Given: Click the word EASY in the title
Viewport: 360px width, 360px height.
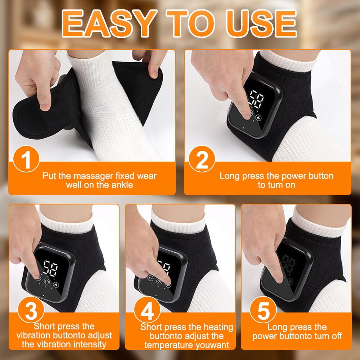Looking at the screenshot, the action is (x=108, y=23).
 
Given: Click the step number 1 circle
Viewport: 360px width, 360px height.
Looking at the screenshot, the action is (x=26, y=159).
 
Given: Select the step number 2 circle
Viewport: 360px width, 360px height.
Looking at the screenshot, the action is (x=202, y=159).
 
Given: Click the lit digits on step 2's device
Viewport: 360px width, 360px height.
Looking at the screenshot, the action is (x=256, y=99).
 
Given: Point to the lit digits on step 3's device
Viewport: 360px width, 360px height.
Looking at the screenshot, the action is (x=51, y=268).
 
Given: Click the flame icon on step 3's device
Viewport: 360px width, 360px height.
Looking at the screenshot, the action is (x=56, y=285).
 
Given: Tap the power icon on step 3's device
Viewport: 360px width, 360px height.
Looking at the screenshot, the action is (x=47, y=282).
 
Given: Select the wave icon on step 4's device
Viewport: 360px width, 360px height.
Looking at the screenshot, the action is (x=150, y=278).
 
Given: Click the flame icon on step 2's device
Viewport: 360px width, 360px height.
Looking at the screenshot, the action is (x=259, y=118).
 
